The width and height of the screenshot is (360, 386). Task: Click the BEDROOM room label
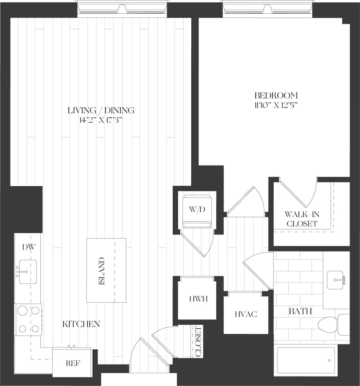[276, 96]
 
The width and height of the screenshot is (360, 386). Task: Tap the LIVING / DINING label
[101, 110]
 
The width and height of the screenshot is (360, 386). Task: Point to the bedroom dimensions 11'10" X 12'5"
[276, 105]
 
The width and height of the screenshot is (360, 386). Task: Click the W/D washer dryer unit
[197, 210]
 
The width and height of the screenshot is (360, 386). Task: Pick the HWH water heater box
[198, 299]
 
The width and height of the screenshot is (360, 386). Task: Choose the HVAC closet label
[245, 314]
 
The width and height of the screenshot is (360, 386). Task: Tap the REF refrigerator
[72, 363]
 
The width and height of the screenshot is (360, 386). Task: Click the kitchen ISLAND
[106, 270]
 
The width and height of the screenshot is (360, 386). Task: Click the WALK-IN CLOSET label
[301, 219]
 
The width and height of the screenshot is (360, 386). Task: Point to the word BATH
[300, 312]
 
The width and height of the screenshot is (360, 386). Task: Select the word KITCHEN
[81, 324]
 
